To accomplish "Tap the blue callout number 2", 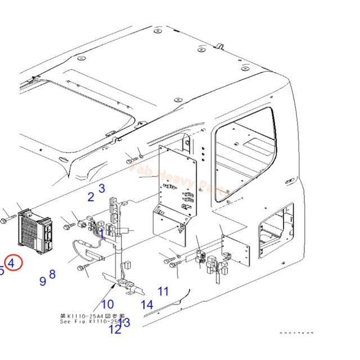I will pyautogui.click(x=91, y=197).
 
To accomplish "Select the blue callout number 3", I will pyautogui.click(x=102, y=188).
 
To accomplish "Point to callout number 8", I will pyautogui.click(x=52, y=274).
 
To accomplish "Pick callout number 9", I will pyautogui.click(x=43, y=281).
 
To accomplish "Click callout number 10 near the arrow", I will pyautogui.click(x=107, y=305).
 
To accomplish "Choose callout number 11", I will pyautogui.click(x=163, y=291).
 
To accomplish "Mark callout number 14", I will pyautogui.click(x=147, y=305).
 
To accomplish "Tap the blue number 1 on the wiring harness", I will pyautogui.click(x=101, y=232).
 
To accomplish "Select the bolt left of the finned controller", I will pyautogui.click(x=6, y=219).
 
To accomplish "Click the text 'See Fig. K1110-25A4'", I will pyautogui.click(x=93, y=322).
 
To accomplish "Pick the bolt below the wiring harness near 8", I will pyautogui.click(x=86, y=269).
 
